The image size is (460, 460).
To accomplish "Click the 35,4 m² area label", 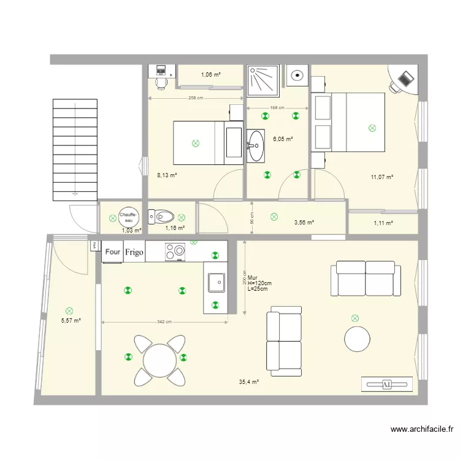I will click(248, 381).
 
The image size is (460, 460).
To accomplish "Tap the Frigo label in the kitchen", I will click(134, 251).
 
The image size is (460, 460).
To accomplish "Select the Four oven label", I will click(113, 251).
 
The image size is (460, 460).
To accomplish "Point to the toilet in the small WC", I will click(161, 216).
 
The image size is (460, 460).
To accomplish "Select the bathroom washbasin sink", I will click(256, 145).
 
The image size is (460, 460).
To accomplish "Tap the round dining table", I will click(160, 361).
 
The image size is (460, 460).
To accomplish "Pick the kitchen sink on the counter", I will click(217, 283).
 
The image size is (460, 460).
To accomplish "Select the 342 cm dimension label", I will click(163, 322).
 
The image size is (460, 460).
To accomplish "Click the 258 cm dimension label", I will click(196, 98).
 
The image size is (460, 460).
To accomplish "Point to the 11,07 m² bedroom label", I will click(381, 177).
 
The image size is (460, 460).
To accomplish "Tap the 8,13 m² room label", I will click(167, 175).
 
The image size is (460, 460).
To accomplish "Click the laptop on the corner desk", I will click(405, 79).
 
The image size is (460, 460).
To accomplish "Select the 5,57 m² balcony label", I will click(71, 320).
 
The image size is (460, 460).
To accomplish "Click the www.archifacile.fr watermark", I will click(421, 430).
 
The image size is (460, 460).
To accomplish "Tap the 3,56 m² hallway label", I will click(304, 223).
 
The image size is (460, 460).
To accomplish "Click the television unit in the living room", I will click(386, 384).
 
